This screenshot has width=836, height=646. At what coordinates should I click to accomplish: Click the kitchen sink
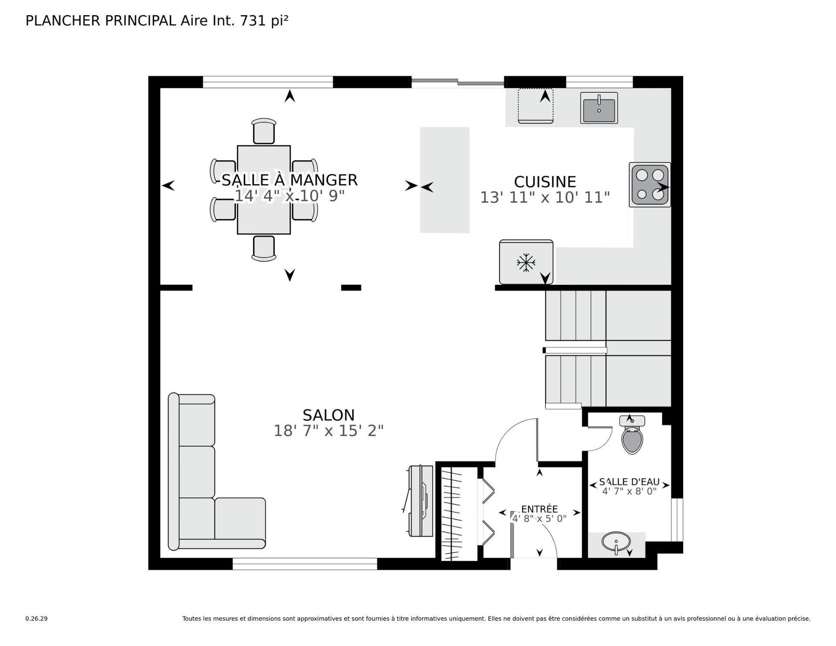pyautogui.click(x=599, y=108)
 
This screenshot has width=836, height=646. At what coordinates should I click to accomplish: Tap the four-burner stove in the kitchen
pyautogui.click(x=650, y=185)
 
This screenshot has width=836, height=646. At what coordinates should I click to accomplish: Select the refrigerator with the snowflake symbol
pyautogui.click(x=526, y=262)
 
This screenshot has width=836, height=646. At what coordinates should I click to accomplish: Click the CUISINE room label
pyautogui.click(x=545, y=182)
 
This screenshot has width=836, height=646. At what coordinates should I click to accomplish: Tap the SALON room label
pyautogui.click(x=329, y=415)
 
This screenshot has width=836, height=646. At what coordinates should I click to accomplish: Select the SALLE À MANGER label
pyautogui.click(x=290, y=180)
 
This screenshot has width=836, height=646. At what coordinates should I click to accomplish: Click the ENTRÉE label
pyautogui.click(x=539, y=509)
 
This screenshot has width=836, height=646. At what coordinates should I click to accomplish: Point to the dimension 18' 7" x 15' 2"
pyautogui.click(x=328, y=431)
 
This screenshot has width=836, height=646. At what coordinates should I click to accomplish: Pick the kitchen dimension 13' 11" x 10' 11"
pyautogui.click(x=545, y=197)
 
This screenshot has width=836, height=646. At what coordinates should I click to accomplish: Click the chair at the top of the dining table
pyautogui.click(x=264, y=131)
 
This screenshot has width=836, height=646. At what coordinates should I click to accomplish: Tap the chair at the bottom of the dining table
pyautogui.click(x=264, y=249)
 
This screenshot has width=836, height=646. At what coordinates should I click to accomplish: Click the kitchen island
pyautogui.click(x=445, y=180)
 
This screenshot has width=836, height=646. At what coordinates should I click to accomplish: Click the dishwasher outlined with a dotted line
pyautogui.click(x=536, y=106)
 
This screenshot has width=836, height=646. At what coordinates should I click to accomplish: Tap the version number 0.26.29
pyautogui.click(x=36, y=619)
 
